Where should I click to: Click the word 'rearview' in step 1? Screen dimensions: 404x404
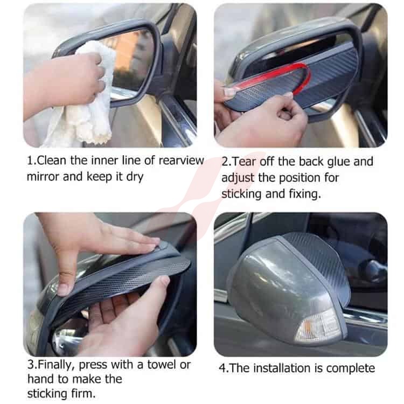181,161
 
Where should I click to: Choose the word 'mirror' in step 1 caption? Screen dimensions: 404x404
43,177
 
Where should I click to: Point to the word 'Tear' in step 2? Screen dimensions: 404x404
244,162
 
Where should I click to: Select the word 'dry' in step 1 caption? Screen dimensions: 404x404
135,177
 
